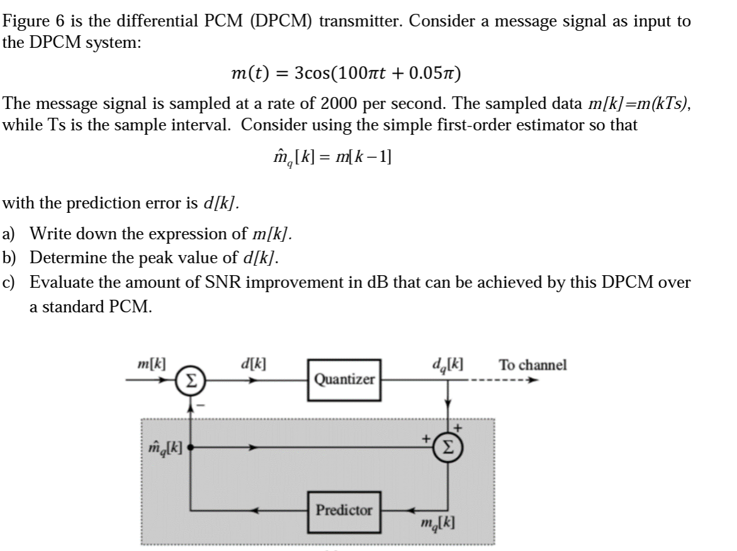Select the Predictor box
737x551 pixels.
(x=344, y=510)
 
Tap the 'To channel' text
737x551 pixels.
(x=532, y=365)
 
